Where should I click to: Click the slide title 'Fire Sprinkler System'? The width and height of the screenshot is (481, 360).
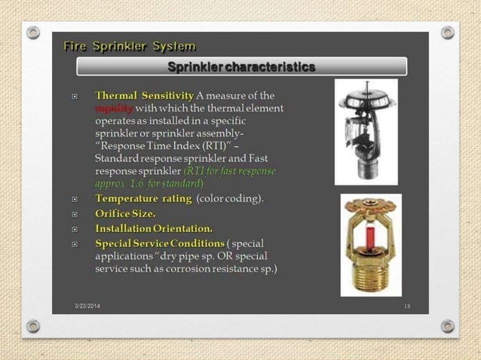[x=130, y=45]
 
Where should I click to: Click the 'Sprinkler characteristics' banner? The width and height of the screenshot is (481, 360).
[x=241, y=67]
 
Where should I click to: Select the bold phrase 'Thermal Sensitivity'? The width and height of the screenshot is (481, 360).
[x=144, y=96]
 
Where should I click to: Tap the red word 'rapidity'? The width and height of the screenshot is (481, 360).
[x=114, y=108]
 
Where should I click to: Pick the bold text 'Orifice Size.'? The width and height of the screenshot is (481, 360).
[x=125, y=214]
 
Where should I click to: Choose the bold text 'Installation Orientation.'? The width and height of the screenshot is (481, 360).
[x=154, y=228]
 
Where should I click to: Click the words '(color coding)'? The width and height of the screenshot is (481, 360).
[x=230, y=199]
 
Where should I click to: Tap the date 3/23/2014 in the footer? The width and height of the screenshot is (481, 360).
[x=90, y=304]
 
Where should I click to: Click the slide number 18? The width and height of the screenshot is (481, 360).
[x=407, y=305]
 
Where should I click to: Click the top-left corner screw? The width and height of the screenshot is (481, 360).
[x=33, y=32]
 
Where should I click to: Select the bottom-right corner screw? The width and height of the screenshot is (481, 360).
[x=447, y=326]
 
